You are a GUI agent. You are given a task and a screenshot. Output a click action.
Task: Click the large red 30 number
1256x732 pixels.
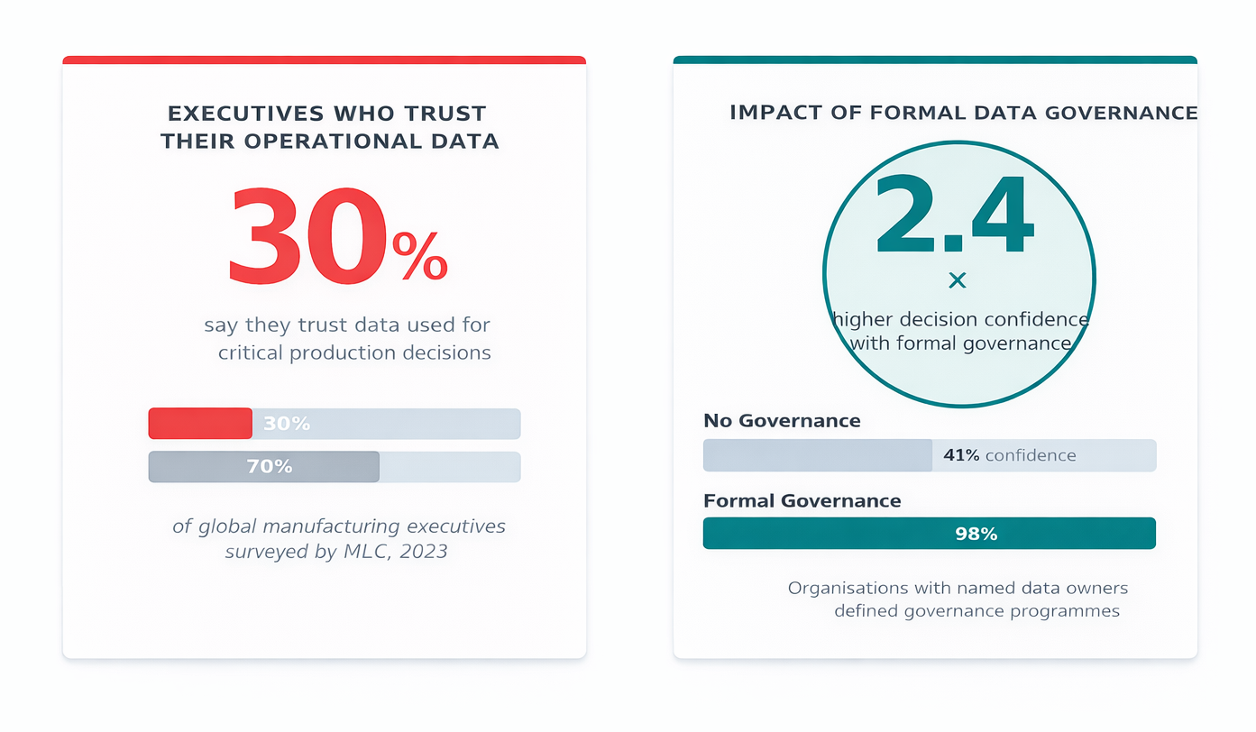click(307, 236)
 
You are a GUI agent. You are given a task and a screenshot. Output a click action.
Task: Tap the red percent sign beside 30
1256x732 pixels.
click(419, 257)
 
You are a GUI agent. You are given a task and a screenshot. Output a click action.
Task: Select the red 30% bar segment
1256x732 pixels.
click(200, 424)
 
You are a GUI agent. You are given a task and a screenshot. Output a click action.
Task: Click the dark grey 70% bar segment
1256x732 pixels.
click(264, 467)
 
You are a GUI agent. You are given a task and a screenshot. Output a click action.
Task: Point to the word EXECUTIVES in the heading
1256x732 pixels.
click(245, 114)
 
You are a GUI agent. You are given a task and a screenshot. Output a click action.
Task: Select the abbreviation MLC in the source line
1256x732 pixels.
click(363, 551)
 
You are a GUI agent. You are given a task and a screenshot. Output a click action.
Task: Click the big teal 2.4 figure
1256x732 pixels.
click(954, 217)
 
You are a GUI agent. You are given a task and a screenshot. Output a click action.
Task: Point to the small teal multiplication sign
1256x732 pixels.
click(958, 280)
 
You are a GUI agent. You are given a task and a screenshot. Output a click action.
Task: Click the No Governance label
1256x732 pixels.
click(782, 421)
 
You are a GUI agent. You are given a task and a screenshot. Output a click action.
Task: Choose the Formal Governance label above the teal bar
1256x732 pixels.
click(802, 501)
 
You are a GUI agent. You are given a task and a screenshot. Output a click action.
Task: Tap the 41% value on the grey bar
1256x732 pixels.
click(961, 456)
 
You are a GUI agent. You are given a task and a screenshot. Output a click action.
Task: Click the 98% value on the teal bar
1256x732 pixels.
click(976, 534)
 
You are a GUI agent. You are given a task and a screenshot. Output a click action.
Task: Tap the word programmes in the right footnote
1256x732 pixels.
click(1068, 611)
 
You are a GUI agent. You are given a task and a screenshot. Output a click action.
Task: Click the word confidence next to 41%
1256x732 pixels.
click(1031, 456)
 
